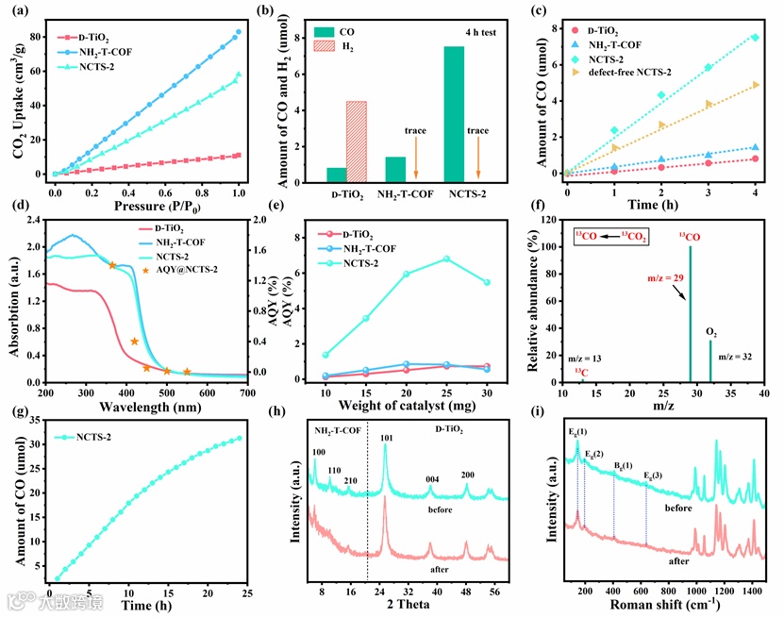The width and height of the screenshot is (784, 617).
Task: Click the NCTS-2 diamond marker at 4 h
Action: click(x=755, y=38)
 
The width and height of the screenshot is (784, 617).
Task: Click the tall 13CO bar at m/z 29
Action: click(x=690, y=311)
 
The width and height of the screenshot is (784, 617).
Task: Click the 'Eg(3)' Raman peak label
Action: click(x=653, y=475)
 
